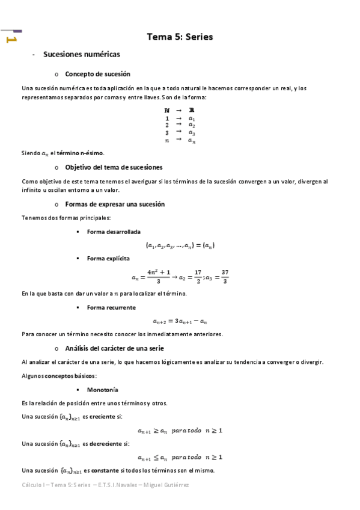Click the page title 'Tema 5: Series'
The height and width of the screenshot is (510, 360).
(180, 37)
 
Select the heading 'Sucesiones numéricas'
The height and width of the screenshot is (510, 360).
(82, 55)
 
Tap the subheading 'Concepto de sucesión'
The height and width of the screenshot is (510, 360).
(97, 74)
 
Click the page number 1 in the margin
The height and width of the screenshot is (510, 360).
(11, 40)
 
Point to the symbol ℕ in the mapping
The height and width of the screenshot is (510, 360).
(166, 110)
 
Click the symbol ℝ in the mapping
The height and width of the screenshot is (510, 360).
(191, 110)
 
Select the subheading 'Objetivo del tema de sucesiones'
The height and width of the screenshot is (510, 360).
(114, 167)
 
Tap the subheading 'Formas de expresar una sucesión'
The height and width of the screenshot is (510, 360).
(114, 204)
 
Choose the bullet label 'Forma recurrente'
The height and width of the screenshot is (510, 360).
(111, 307)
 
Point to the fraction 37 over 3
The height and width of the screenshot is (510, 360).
(225, 277)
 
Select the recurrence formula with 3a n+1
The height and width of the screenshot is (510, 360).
(180, 321)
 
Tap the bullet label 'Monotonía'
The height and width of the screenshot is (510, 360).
(102, 390)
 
